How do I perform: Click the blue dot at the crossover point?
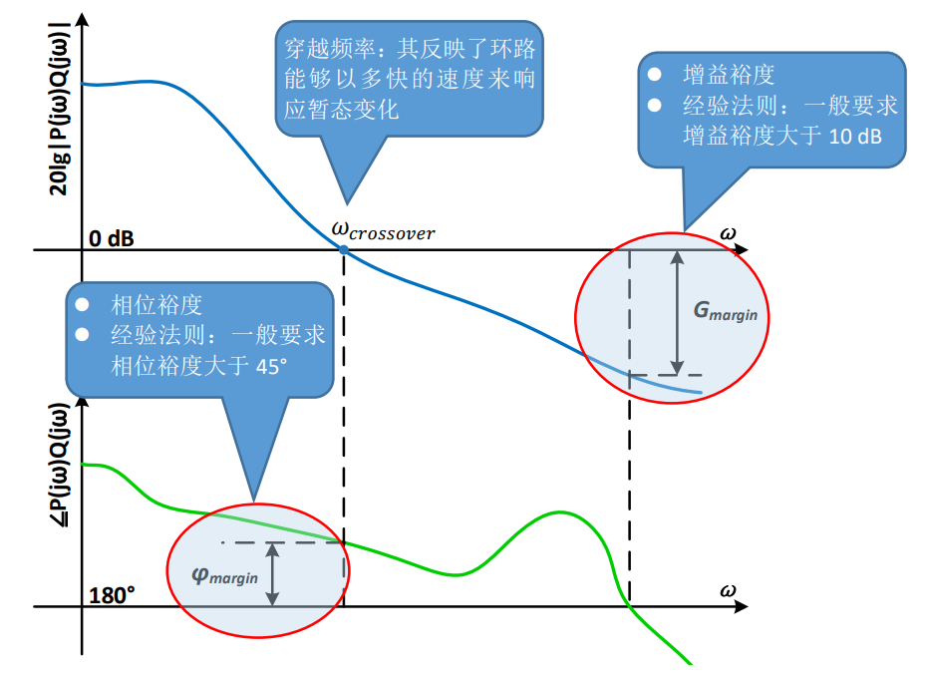click(x=343, y=249)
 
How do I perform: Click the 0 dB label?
click(x=112, y=239)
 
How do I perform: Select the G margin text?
click(x=725, y=310)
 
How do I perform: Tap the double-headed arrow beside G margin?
click(x=678, y=312)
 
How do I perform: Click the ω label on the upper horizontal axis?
click(x=729, y=233)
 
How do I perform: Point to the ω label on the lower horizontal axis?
click(x=729, y=590)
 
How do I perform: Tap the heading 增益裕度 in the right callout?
click(x=729, y=75)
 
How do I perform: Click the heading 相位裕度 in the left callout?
click(x=156, y=304)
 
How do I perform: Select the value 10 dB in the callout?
click(x=854, y=136)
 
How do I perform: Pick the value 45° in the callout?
click(x=270, y=366)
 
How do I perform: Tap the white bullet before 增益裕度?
click(x=655, y=75)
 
